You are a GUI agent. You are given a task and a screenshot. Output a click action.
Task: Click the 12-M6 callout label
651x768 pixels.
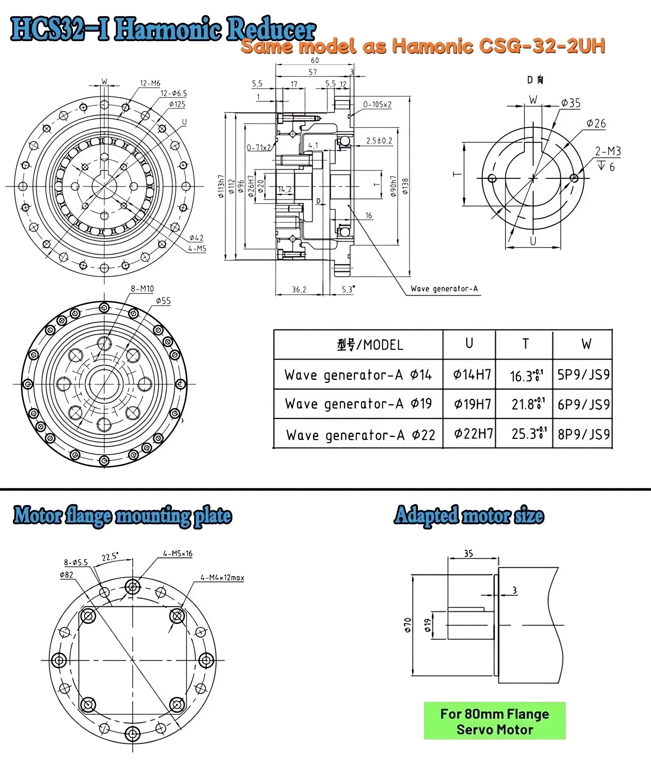pyautogui.click(x=150, y=84)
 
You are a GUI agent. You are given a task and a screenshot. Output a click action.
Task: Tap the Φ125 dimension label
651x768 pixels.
pyautogui.click(x=177, y=105)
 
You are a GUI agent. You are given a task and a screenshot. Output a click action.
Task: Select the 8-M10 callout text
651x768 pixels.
pyautogui.click(x=142, y=289)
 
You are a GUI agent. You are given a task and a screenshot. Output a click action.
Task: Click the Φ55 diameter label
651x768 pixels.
pyautogui.click(x=163, y=301)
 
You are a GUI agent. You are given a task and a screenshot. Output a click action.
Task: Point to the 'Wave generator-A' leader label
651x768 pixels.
pyautogui.click(x=444, y=289)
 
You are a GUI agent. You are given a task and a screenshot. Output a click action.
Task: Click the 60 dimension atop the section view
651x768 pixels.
pyautogui.click(x=314, y=60)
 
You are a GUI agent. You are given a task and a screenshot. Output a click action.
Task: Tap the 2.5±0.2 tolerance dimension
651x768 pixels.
pyautogui.click(x=379, y=141)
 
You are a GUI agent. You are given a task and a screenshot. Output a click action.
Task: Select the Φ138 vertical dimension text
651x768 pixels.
pyautogui.click(x=405, y=187)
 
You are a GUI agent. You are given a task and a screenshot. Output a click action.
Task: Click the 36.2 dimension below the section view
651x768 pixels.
pyautogui.click(x=299, y=290)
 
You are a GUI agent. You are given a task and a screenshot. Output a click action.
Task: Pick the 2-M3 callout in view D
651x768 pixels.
pyautogui.click(x=608, y=151)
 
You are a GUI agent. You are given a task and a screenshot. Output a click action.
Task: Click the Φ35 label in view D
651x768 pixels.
pyautogui.click(x=570, y=103)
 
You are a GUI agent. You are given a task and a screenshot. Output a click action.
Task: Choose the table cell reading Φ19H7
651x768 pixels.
pyautogui.click(x=472, y=404)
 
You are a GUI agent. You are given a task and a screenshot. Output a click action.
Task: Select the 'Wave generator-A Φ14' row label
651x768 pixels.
pyautogui.click(x=358, y=375)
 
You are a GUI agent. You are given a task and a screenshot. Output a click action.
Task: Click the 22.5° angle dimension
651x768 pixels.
pyautogui.click(x=110, y=557)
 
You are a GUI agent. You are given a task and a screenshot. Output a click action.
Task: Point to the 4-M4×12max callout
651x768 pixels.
pyautogui.click(x=222, y=578)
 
